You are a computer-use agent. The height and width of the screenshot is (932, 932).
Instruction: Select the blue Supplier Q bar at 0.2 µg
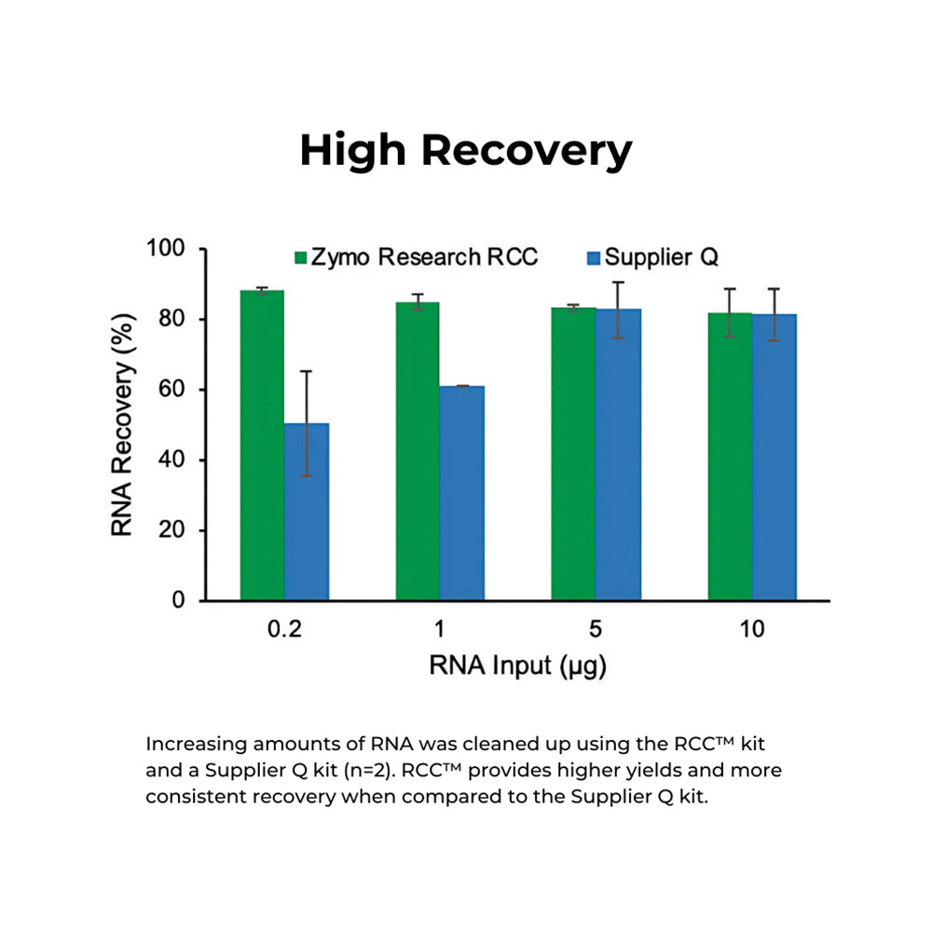[307, 512]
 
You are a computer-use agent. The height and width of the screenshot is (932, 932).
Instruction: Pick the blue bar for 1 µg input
[462, 493]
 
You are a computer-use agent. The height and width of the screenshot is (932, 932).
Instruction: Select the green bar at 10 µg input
[730, 457]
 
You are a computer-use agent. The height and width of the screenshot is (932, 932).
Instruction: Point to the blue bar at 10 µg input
[774, 458]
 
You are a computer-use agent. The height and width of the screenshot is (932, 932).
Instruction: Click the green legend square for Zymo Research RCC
[301, 257]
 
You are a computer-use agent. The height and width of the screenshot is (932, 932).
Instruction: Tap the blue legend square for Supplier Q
[594, 257]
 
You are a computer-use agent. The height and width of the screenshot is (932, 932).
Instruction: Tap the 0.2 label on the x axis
[284, 630]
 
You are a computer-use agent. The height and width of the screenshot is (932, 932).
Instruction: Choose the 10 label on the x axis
[752, 630]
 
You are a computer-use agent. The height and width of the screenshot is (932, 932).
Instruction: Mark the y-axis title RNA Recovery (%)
[122, 424]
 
